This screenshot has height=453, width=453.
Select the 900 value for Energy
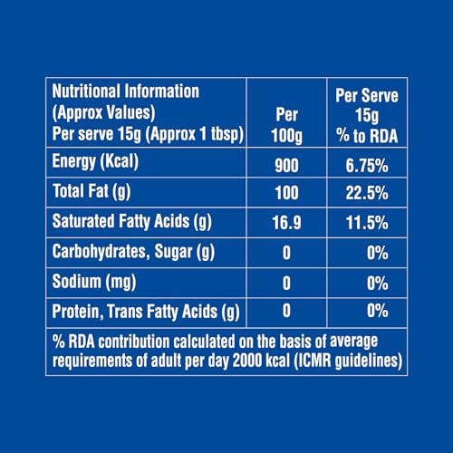pyautogui.click(x=286, y=166)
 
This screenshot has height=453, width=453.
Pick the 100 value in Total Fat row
pyautogui.click(x=286, y=195)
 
